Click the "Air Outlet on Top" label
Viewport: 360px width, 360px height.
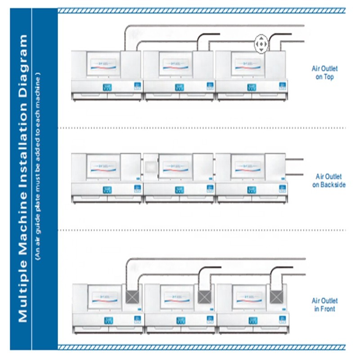click(324, 72)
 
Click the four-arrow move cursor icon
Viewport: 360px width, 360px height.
click(260, 44)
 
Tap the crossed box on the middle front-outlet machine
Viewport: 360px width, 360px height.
click(205, 297)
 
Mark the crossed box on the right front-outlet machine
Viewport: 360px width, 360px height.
click(277, 297)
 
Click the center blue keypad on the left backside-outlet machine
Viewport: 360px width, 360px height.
click(107, 189)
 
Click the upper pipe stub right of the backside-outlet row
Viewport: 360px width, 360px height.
click(295, 159)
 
